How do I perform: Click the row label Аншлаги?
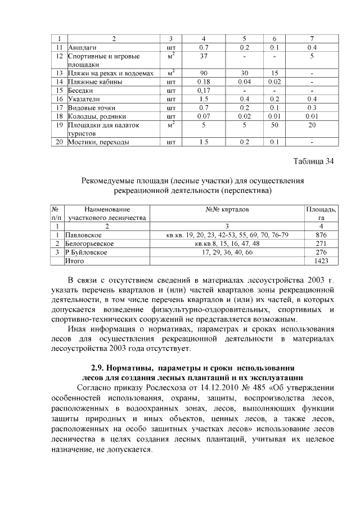coord(81,47)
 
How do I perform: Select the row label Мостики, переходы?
coord(98,142)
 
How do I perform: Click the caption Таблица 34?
coord(314,163)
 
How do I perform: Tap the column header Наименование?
coord(107,209)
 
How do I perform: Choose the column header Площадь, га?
coord(321,213)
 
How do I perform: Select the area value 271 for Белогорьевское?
coord(321,244)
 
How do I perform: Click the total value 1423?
coord(321,261)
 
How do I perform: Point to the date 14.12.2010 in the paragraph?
coord(224,388)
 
